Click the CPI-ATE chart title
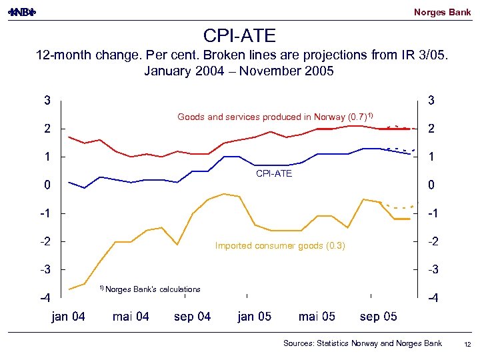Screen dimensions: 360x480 coord(239,35)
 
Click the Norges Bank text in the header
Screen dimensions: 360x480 coord(442,12)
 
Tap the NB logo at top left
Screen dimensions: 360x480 coord(21,12)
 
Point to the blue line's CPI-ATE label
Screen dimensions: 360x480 coord(274,173)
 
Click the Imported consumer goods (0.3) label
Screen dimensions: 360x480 coord(280,245)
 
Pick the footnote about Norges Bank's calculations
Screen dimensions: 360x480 coord(150,289)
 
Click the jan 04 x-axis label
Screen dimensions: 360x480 coord(69,317)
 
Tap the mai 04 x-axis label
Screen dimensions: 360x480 coord(131,317)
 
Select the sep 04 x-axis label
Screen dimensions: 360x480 coord(192,317)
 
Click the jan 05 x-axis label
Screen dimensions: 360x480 coord(254,317)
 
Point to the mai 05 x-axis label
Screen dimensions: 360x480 coord(317,317)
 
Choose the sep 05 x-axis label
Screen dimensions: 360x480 coord(378,317)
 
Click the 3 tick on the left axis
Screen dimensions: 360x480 coord(47,101)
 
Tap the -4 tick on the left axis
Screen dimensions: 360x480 coord(45,297)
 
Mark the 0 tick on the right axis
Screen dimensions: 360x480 coord(431,185)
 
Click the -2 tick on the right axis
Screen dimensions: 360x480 coord(433,241)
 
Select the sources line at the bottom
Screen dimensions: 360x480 coord(362,343)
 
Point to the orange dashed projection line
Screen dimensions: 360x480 coord(400,207)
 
